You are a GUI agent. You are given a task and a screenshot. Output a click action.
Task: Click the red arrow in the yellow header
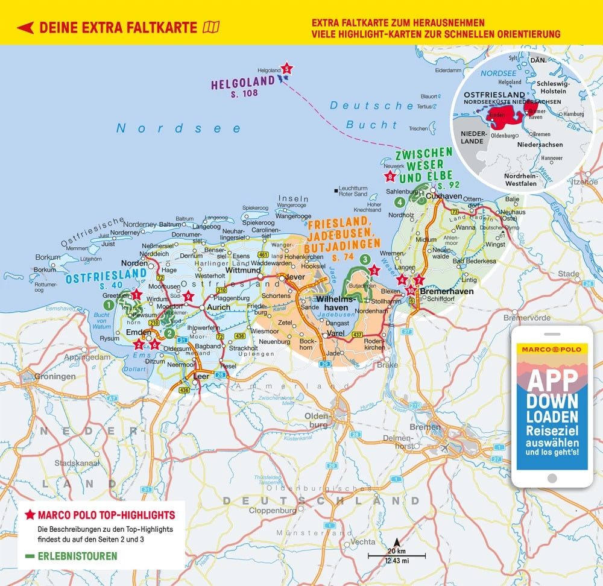tap(25, 28)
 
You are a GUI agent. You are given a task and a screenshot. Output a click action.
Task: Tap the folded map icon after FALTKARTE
tap(212, 27)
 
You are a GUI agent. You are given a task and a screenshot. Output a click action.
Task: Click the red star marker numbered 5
tap(287, 69)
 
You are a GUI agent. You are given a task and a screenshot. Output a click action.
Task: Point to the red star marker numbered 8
tap(390, 177)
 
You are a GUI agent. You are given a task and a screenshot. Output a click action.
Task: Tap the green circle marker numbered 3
tap(365, 259)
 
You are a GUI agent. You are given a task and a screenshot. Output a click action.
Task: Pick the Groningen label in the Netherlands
tap(55, 377)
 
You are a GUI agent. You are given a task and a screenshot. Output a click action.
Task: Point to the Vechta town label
tap(362, 542)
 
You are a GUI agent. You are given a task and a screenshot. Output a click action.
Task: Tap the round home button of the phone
tap(552, 478)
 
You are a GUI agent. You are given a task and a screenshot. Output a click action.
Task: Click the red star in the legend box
tap(30, 515)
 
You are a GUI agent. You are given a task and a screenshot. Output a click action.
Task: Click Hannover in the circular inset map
tap(551, 158)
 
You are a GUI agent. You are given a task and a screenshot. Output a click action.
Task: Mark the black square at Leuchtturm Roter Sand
tap(335, 191)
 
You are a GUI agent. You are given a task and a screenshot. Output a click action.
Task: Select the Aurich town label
tap(218, 307)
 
